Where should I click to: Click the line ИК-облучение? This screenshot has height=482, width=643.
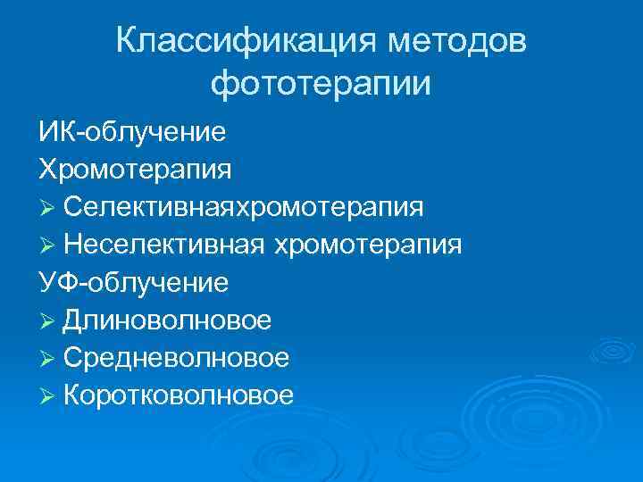131,132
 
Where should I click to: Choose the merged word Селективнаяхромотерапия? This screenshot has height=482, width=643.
244,207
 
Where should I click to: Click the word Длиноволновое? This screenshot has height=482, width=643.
168,320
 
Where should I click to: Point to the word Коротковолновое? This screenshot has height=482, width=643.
179,395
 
